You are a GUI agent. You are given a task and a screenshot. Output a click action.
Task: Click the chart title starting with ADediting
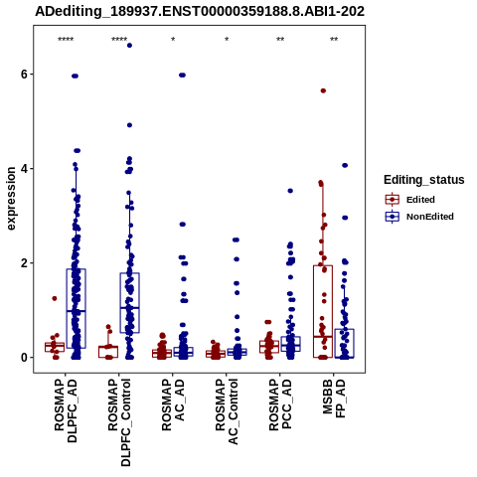(200, 11)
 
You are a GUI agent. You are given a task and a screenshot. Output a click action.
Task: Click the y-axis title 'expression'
(11, 199)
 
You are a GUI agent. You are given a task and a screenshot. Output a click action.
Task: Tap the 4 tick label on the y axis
(24, 169)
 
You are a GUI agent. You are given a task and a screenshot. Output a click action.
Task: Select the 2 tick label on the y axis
(24, 263)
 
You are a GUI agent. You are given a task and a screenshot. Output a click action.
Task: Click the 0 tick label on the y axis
(24, 358)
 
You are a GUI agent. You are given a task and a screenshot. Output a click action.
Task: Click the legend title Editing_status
(424, 180)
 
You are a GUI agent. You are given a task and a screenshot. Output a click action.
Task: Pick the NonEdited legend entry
(419, 217)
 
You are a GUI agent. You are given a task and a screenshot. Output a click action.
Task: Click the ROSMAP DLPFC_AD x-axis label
(66, 410)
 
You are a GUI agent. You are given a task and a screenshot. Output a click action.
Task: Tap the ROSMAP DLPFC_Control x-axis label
(119, 422)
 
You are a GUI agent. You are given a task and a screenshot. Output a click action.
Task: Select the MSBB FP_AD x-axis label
(334, 398)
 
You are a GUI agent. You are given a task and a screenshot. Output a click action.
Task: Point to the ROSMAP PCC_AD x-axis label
(280, 405)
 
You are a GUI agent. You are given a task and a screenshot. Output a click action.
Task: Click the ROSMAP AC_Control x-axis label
(227, 411)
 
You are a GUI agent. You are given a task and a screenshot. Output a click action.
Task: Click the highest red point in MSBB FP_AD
(323, 90)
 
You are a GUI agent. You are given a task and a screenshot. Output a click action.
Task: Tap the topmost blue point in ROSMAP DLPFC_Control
(129, 46)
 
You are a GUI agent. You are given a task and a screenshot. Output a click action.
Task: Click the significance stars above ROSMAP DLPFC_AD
(66, 40)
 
